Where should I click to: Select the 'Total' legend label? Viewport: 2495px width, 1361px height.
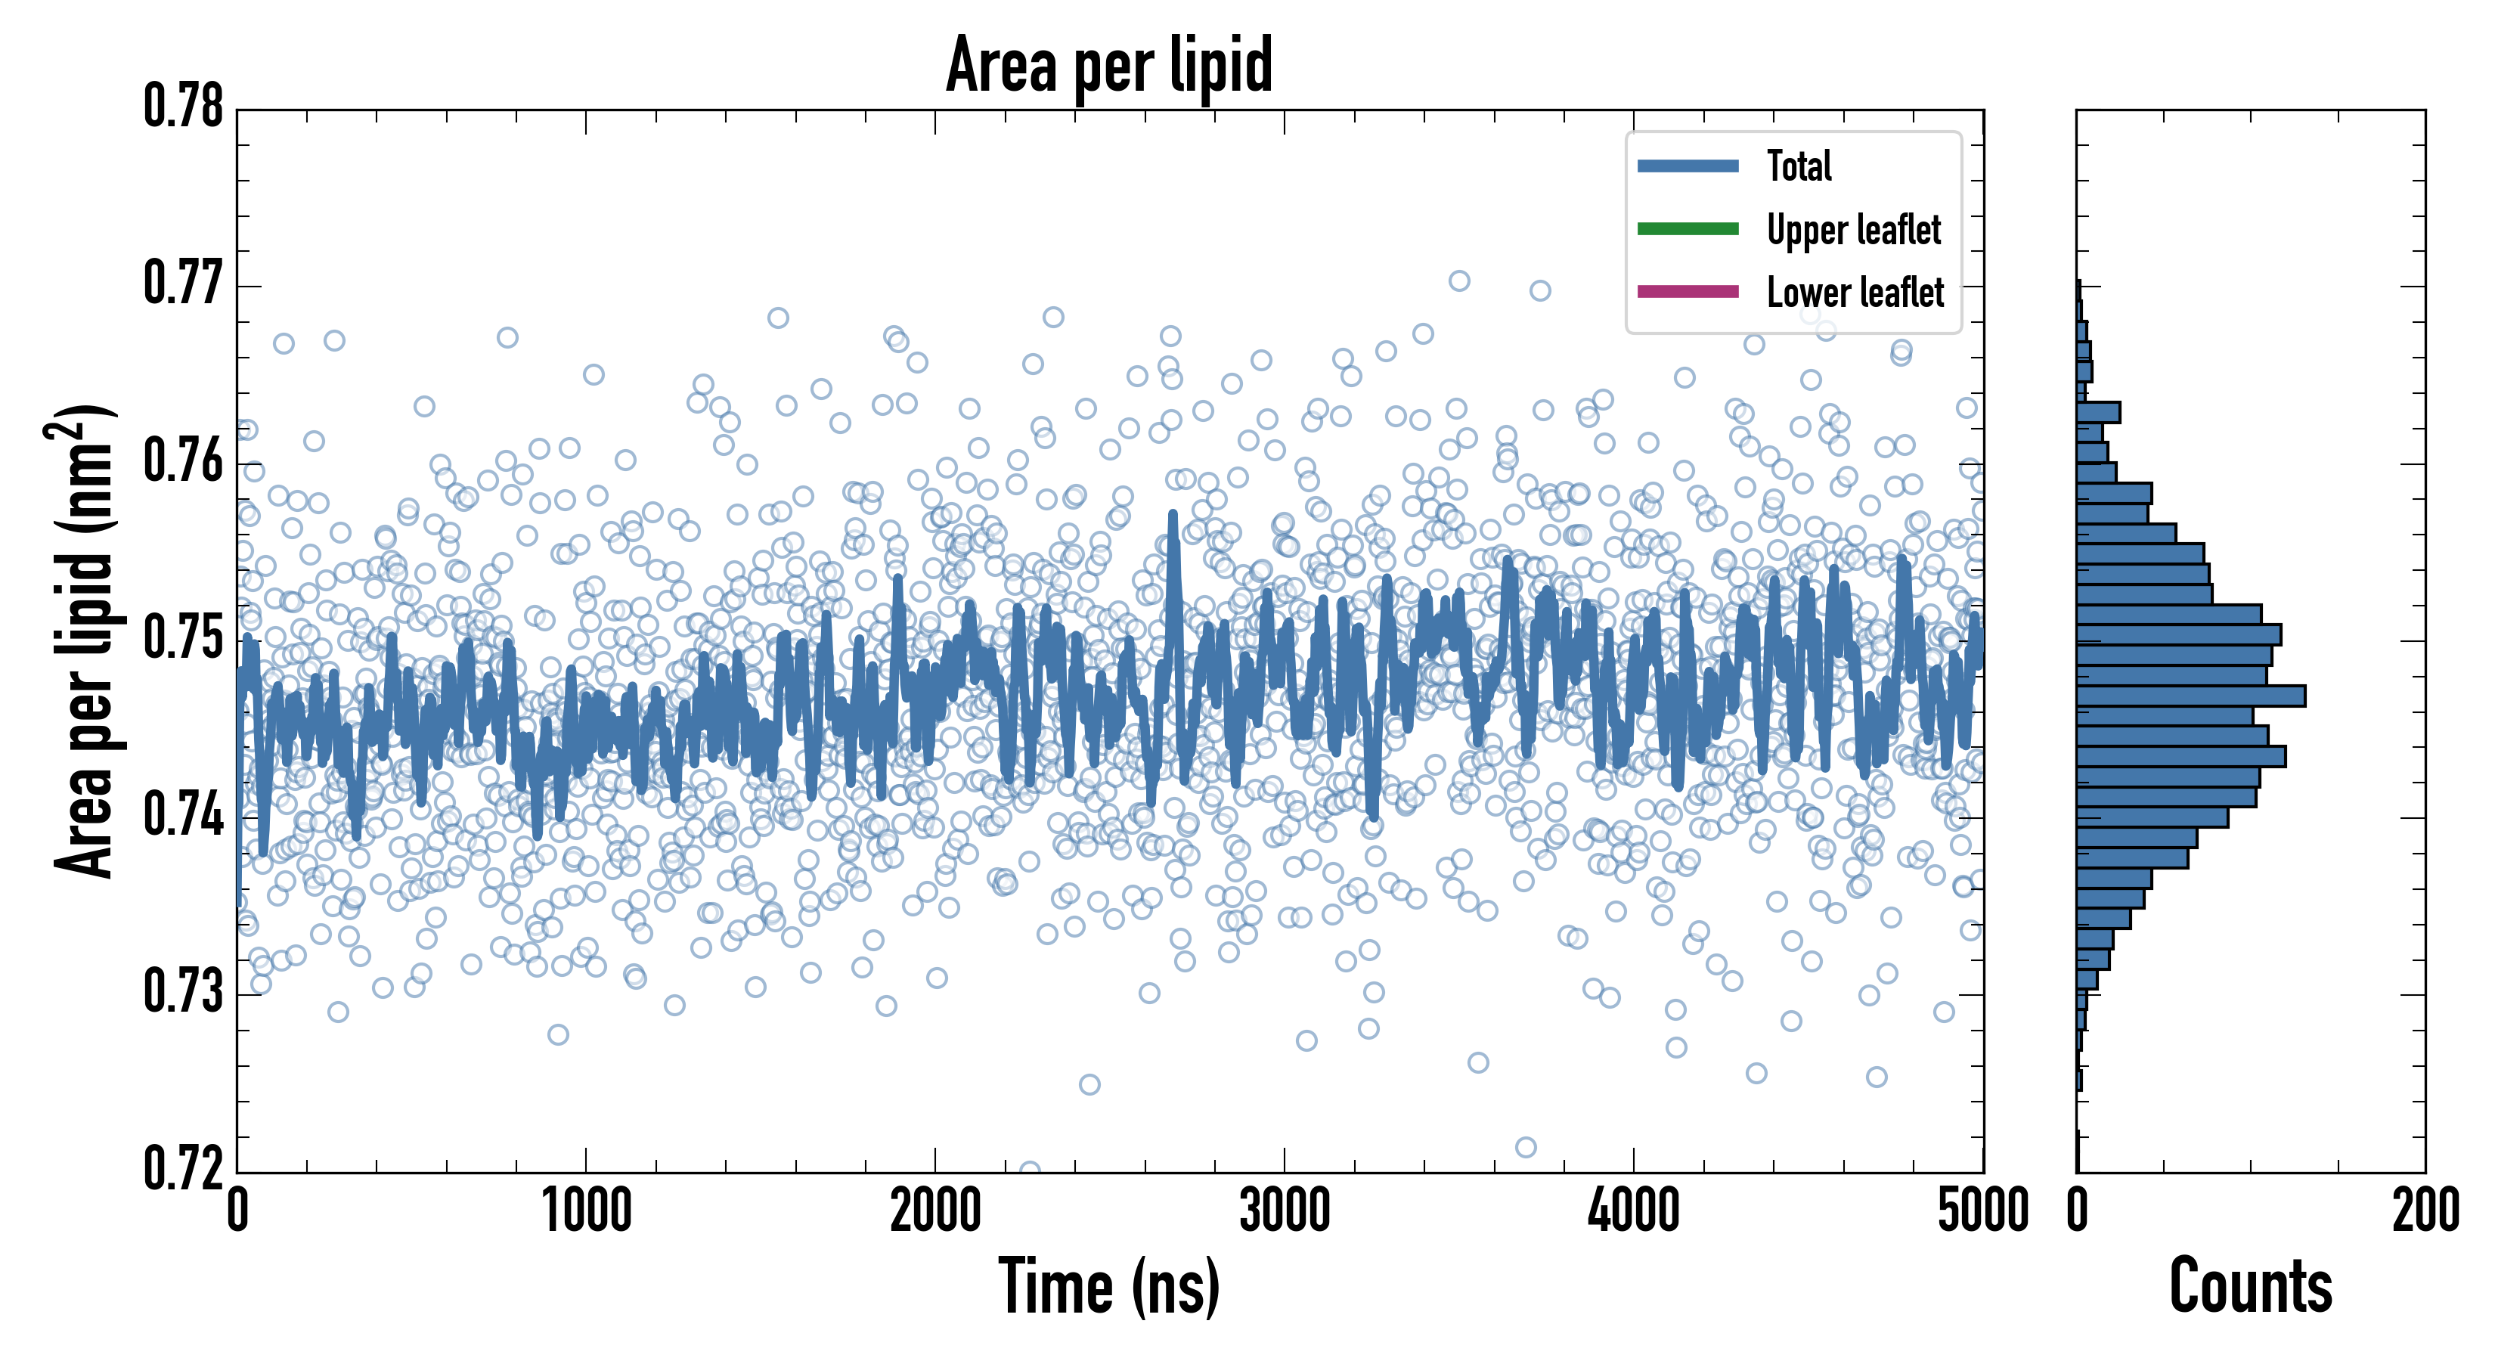[1799, 166]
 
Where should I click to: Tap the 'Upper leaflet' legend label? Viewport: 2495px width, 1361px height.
[1853, 230]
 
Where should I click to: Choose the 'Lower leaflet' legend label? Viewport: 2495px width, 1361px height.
[1855, 292]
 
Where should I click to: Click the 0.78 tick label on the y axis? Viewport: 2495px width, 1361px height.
[184, 107]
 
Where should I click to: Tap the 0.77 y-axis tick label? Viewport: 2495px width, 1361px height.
[184, 284]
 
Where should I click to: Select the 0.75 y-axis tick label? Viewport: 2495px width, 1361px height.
[184, 638]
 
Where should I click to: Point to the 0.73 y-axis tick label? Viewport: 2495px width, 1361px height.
[184, 992]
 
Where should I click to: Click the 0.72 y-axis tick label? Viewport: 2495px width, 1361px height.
[184, 1167]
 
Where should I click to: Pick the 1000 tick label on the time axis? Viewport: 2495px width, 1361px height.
[586, 1211]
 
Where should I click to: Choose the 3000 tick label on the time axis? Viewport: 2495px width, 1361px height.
[1285, 1211]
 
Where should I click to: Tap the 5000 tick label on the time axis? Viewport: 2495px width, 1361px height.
[1982, 1211]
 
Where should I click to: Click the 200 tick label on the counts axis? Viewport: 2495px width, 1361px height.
[2424, 1211]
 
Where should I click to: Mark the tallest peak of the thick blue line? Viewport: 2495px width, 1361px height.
[1173, 514]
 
